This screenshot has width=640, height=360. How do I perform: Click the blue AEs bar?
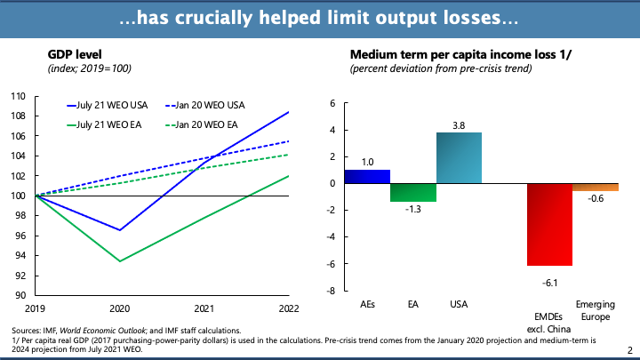click(366, 176)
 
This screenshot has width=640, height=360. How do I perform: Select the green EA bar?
click(412, 192)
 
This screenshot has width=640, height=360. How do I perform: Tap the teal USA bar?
click(459, 158)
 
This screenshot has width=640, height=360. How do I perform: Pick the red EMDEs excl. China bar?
click(549, 224)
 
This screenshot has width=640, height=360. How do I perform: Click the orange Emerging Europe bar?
click(596, 187)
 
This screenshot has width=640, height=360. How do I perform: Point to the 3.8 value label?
click(459, 124)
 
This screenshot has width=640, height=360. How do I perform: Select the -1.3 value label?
click(412, 210)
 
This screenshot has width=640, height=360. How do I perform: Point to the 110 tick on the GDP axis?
click(18, 96)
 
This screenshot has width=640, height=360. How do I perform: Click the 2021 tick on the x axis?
click(204, 308)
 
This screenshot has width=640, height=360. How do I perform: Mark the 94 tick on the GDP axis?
click(20, 255)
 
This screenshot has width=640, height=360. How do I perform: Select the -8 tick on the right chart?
click(329, 291)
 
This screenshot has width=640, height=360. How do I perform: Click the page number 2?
click(630, 350)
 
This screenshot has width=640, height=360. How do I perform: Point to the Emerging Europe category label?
click(596, 310)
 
